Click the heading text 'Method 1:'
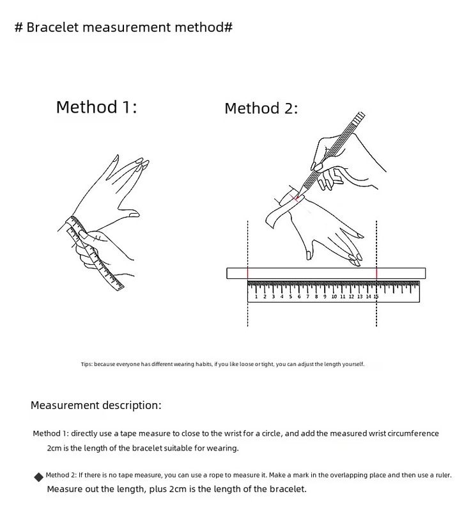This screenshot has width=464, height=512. [x=97, y=107]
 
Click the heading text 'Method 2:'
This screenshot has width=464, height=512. [x=261, y=109]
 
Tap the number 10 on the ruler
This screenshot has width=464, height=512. [x=334, y=297]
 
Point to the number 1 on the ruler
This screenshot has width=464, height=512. [x=256, y=297]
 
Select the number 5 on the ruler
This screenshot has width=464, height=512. [x=290, y=297]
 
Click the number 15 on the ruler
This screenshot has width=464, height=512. [x=376, y=297]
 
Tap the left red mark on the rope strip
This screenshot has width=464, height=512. [x=248, y=273]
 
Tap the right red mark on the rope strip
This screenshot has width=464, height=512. [x=376, y=273]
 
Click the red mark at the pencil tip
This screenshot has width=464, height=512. [x=296, y=198]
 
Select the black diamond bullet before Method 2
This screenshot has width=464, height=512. [x=38, y=477]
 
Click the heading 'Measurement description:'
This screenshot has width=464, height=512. [x=96, y=405]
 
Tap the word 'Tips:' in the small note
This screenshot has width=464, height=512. [x=87, y=364]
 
